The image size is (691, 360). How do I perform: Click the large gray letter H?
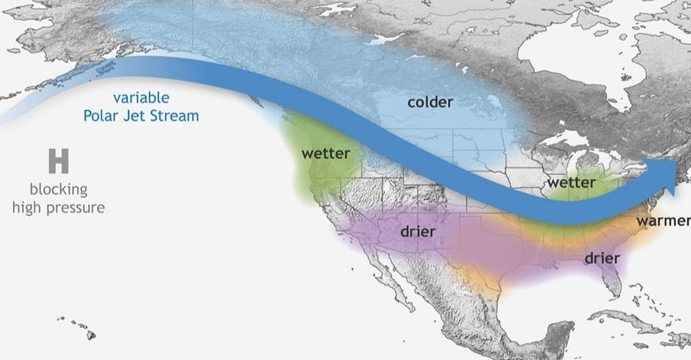[x=58, y=161]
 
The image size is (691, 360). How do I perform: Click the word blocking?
[x=58, y=189]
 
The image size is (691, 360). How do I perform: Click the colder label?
[x=430, y=102]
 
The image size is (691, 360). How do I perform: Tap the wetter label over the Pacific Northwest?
[x=325, y=153]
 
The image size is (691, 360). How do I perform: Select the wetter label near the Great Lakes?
[x=572, y=182]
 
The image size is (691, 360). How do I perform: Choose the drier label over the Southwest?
[x=419, y=233]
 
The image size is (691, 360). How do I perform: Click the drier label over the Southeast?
[x=602, y=258]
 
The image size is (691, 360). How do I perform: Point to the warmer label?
[x=662, y=220]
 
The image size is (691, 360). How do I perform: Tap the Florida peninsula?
[x=610, y=281]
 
